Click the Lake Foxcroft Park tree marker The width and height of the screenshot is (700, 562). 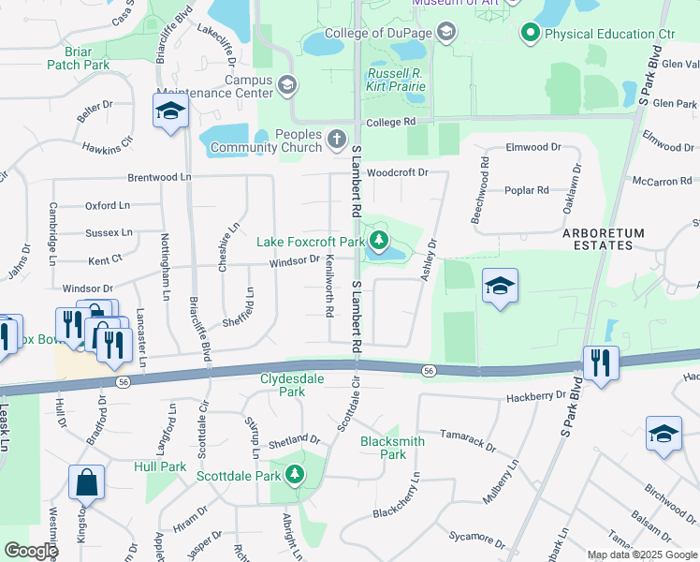coord(379,243)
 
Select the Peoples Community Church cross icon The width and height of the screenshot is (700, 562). coord(337,141)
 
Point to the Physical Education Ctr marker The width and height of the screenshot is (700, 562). coord(531,35)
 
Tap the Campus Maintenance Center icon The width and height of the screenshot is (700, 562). coord(287,86)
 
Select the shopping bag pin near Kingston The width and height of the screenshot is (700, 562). coord(86,482)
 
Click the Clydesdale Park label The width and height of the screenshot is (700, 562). coord(295,386)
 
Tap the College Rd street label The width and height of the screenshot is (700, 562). coord(390,123)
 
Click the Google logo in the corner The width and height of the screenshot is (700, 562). coord(31,551)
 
